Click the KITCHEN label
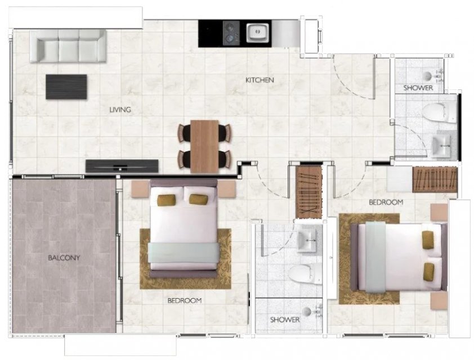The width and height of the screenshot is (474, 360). [260, 80]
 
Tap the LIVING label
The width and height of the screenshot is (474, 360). [120, 110]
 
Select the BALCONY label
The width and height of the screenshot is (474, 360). [64, 258]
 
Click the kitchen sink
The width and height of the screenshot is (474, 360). [258, 33]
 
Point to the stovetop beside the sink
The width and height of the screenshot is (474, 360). [231, 33]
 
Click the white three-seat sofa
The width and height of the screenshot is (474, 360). [68, 46]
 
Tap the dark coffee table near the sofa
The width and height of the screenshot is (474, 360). [66, 87]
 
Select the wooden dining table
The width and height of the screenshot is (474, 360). [205, 146]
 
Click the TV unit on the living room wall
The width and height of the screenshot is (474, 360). [122, 166]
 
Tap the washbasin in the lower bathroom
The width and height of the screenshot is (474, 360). [307, 240]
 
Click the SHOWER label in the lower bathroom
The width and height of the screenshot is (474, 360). [285, 320]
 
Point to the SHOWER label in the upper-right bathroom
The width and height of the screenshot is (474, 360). [418, 88]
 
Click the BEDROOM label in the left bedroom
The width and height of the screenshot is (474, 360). [185, 301]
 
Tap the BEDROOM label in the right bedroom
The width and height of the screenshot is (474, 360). [386, 202]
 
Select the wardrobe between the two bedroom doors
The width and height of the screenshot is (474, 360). [309, 192]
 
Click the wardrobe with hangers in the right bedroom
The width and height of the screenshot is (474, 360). [435, 179]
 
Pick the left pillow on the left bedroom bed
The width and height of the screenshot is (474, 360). [167, 200]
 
